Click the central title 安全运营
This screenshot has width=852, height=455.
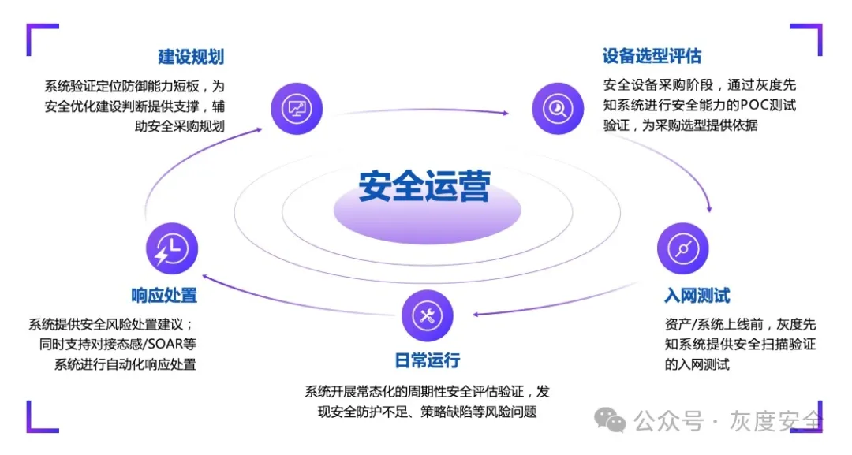pyautogui.click(x=424, y=186)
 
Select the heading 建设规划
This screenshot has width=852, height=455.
pyautogui.click(x=191, y=57)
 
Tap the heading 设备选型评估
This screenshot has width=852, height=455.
pyautogui.click(x=652, y=55)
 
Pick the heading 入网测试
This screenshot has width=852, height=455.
pyautogui.click(x=697, y=296)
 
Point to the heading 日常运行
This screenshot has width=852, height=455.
pyautogui.click(x=427, y=360)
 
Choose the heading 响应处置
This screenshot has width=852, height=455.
pyautogui.click(x=164, y=296)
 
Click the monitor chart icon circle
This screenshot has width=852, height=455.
pyautogui.click(x=297, y=109)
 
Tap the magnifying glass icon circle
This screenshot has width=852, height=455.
pyautogui.click(x=558, y=109)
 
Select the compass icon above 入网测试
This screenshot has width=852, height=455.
pyautogui.click(x=683, y=248)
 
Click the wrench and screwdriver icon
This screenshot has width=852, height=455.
pyautogui.click(x=427, y=315)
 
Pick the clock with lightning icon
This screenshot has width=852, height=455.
pyautogui.click(x=172, y=248)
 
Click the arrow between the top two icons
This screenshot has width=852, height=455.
pyautogui.click(x=423, y=110)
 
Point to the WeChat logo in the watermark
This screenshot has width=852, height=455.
pyautogui.click(x=610, y=420)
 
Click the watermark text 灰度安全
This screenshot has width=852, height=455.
pyautogui.click(x=776, y=421)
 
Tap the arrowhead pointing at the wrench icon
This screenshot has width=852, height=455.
pyautogui.click(x=476, y=315)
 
